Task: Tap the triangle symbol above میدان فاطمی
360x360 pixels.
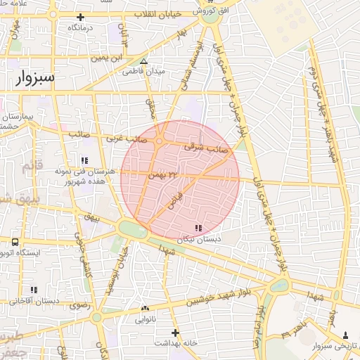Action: tap(143, 61)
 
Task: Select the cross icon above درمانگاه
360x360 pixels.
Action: tap(81, 17)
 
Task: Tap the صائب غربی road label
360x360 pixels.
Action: tap(127, 139)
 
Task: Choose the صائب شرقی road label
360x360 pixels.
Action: tap(207, 148)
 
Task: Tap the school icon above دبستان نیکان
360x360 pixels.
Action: tap(198, 228)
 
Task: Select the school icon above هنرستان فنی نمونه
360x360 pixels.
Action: tap(85, 161)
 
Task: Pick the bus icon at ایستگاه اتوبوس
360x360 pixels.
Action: tap(15, 241)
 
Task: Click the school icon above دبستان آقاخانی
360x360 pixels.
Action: tap(34, 290)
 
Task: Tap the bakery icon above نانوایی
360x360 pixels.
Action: tap(146, 308)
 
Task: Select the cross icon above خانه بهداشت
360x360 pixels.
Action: tap(175, 332)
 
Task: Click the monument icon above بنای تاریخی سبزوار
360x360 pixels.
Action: tap(345, 335)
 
